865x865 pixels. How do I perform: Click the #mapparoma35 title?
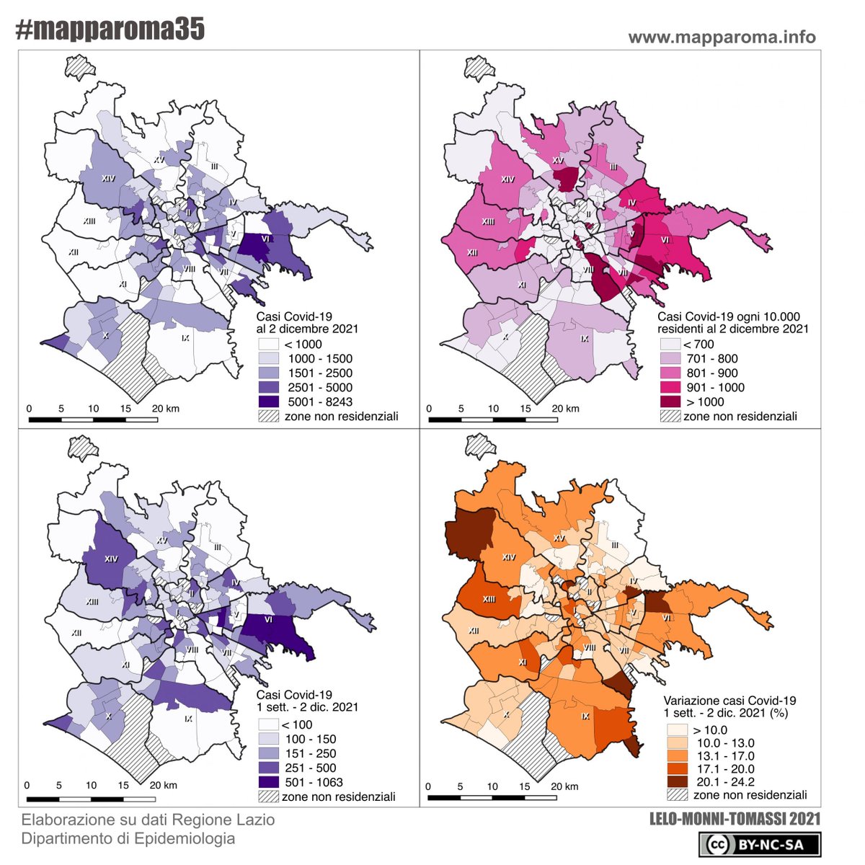(110, 30)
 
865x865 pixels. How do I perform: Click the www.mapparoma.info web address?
(722, 37)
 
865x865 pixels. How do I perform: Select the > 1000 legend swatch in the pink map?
(670, 402)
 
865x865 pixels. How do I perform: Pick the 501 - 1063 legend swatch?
(269, 782)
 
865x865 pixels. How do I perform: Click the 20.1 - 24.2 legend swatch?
(676, 781)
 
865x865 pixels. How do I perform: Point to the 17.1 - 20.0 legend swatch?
(676, 768)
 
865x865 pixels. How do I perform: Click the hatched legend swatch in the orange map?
(676, 795)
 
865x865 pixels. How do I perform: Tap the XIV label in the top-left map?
(108, 178)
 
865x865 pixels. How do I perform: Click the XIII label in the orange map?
(489, 598)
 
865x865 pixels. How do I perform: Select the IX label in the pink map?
(584, 338)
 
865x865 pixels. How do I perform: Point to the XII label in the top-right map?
(472, 253)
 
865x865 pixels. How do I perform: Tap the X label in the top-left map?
(105, 336)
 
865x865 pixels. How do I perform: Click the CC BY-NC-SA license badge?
(763, 844)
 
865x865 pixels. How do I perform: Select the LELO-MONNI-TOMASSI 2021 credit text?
(735, 819)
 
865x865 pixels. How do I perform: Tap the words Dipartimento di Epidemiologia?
(128, 838)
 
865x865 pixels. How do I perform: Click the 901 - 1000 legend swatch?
(670, 387)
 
